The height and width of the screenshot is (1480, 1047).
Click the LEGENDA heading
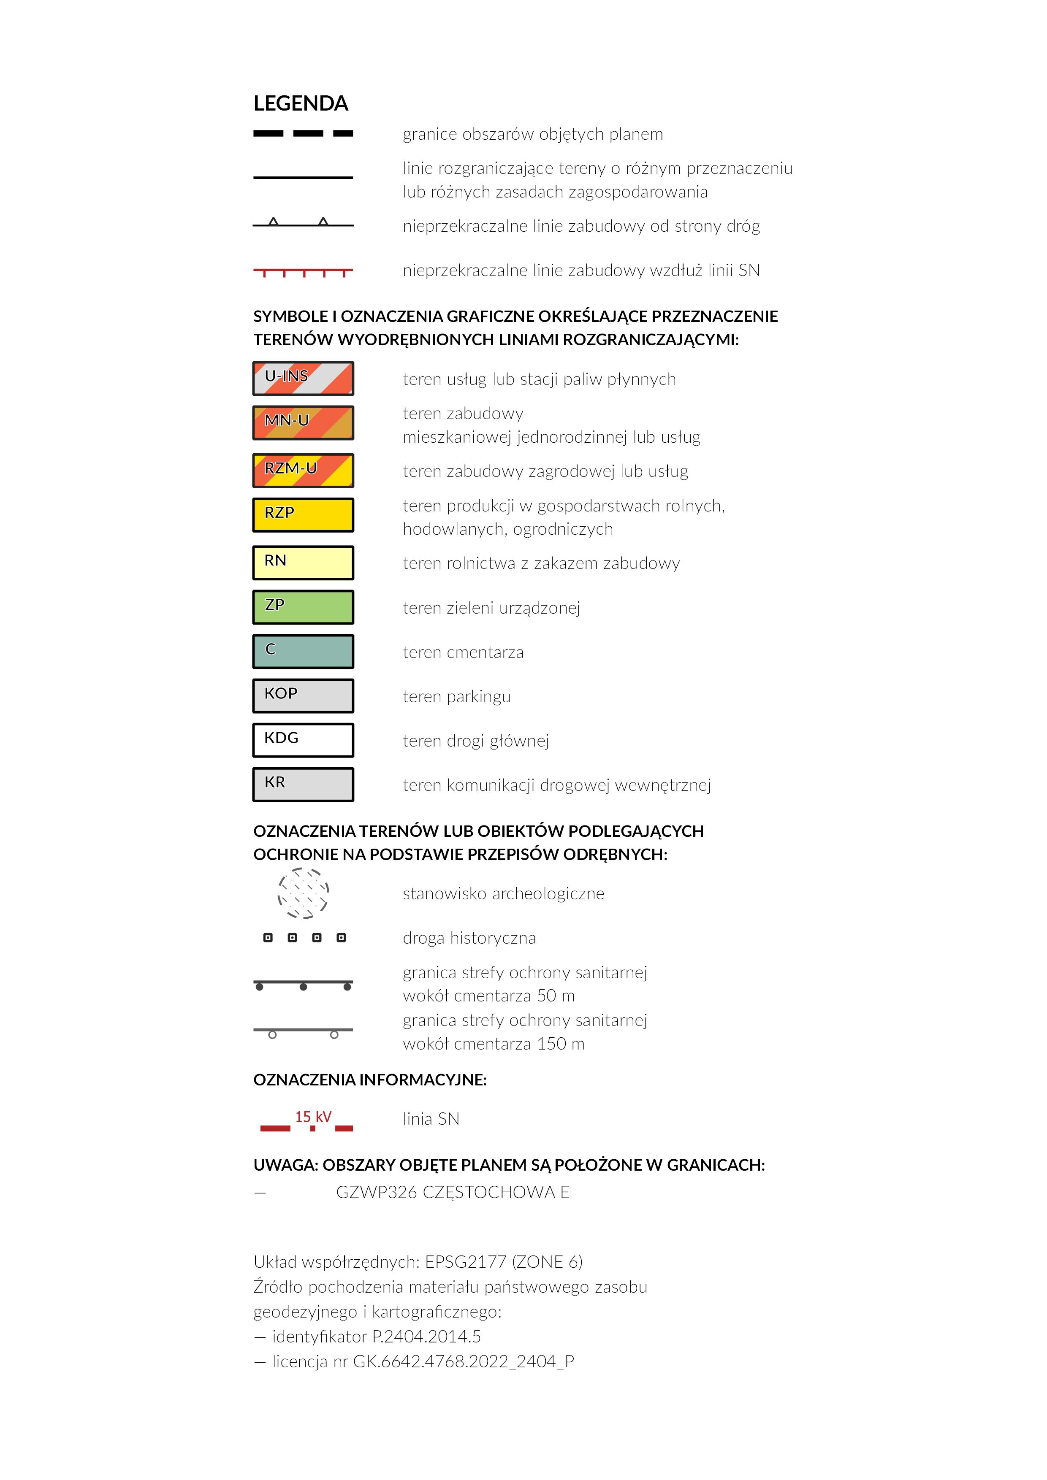(301, 103)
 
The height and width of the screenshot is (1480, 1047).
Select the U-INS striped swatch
(303, 379)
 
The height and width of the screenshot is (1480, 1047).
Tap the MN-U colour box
(303, 423)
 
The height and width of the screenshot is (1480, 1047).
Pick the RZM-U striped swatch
(303, 471)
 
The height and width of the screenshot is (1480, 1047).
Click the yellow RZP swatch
(303, 515)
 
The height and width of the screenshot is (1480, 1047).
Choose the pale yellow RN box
(303, 563)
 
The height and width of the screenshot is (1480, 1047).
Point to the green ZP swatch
(303, 607)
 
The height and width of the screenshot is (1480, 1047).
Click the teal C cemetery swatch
(303, 652)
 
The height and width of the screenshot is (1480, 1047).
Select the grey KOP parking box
(303, 696)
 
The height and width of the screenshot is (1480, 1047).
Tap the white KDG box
(303, 740)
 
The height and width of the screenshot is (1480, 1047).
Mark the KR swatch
(303, 785)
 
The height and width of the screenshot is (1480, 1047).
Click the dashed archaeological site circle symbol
(303, 893)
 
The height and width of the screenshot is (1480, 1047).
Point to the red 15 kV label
(313, 1117)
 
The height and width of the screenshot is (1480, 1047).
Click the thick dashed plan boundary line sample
(303, 133)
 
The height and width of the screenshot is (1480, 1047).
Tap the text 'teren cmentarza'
(463, 652)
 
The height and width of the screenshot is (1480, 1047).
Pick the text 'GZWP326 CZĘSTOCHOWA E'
(453, 1193)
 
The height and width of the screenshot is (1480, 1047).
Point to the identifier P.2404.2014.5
(426, 1336)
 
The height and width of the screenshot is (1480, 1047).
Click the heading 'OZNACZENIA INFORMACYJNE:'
(370, 1080)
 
